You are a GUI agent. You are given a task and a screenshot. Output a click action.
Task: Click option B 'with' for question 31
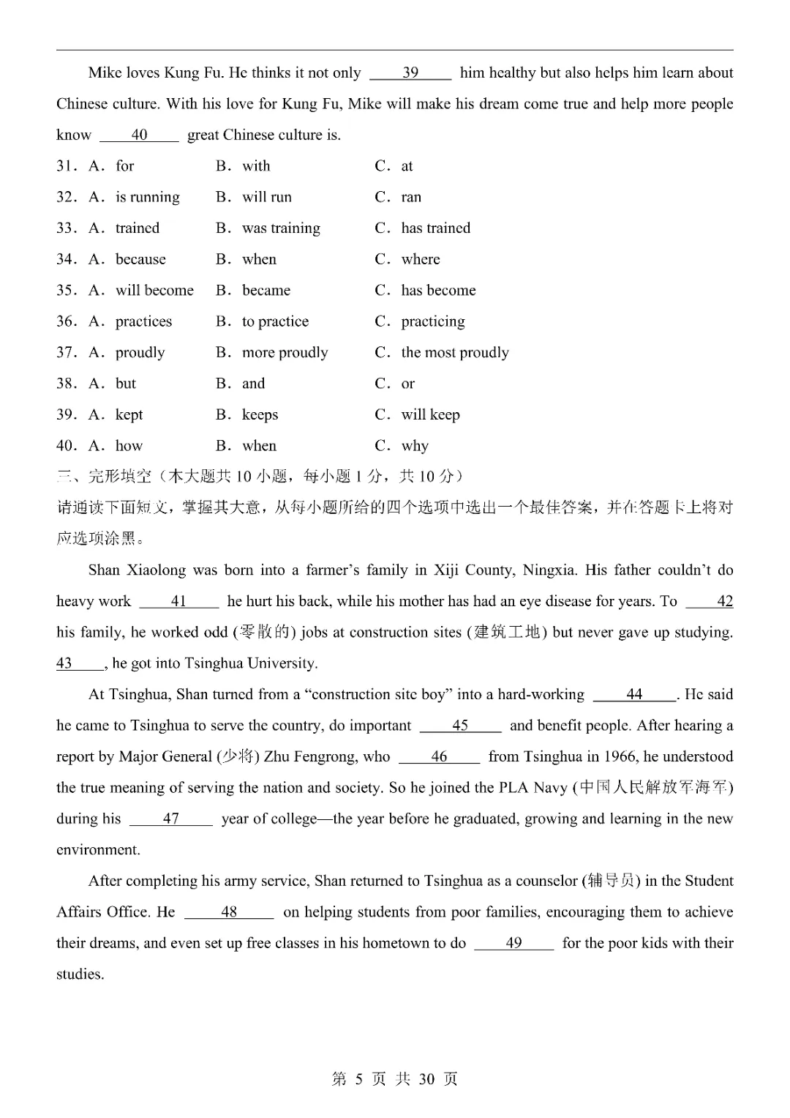coord(256,166)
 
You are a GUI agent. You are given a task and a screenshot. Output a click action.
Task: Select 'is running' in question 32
coord(147,197)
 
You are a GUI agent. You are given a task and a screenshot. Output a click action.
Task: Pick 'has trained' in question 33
coord(435,228)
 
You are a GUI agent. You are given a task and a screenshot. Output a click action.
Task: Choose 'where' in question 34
coord(421,259)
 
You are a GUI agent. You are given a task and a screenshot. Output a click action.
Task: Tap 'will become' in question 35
coord(154,291)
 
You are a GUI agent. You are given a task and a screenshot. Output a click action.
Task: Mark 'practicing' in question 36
coord(432,321)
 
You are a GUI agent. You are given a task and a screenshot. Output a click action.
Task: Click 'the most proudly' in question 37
coord(454,353)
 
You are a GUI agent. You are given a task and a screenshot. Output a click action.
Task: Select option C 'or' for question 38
coord(407,384)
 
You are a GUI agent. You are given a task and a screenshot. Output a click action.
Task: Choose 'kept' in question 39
coord(129,415)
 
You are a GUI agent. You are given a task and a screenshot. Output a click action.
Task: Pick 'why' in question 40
coord(415,446)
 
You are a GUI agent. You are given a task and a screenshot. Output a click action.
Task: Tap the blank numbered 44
coord(634,695)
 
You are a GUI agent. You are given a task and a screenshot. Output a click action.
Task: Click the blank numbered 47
coord(170,819)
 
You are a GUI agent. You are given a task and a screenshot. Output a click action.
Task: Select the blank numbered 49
coord(513,944)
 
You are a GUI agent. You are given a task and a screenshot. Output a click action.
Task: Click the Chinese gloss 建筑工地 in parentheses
coord(507,633)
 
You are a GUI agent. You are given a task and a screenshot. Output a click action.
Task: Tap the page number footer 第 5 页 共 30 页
coord(395,1079)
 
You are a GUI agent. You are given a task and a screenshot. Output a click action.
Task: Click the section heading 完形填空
coord(120,477)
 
